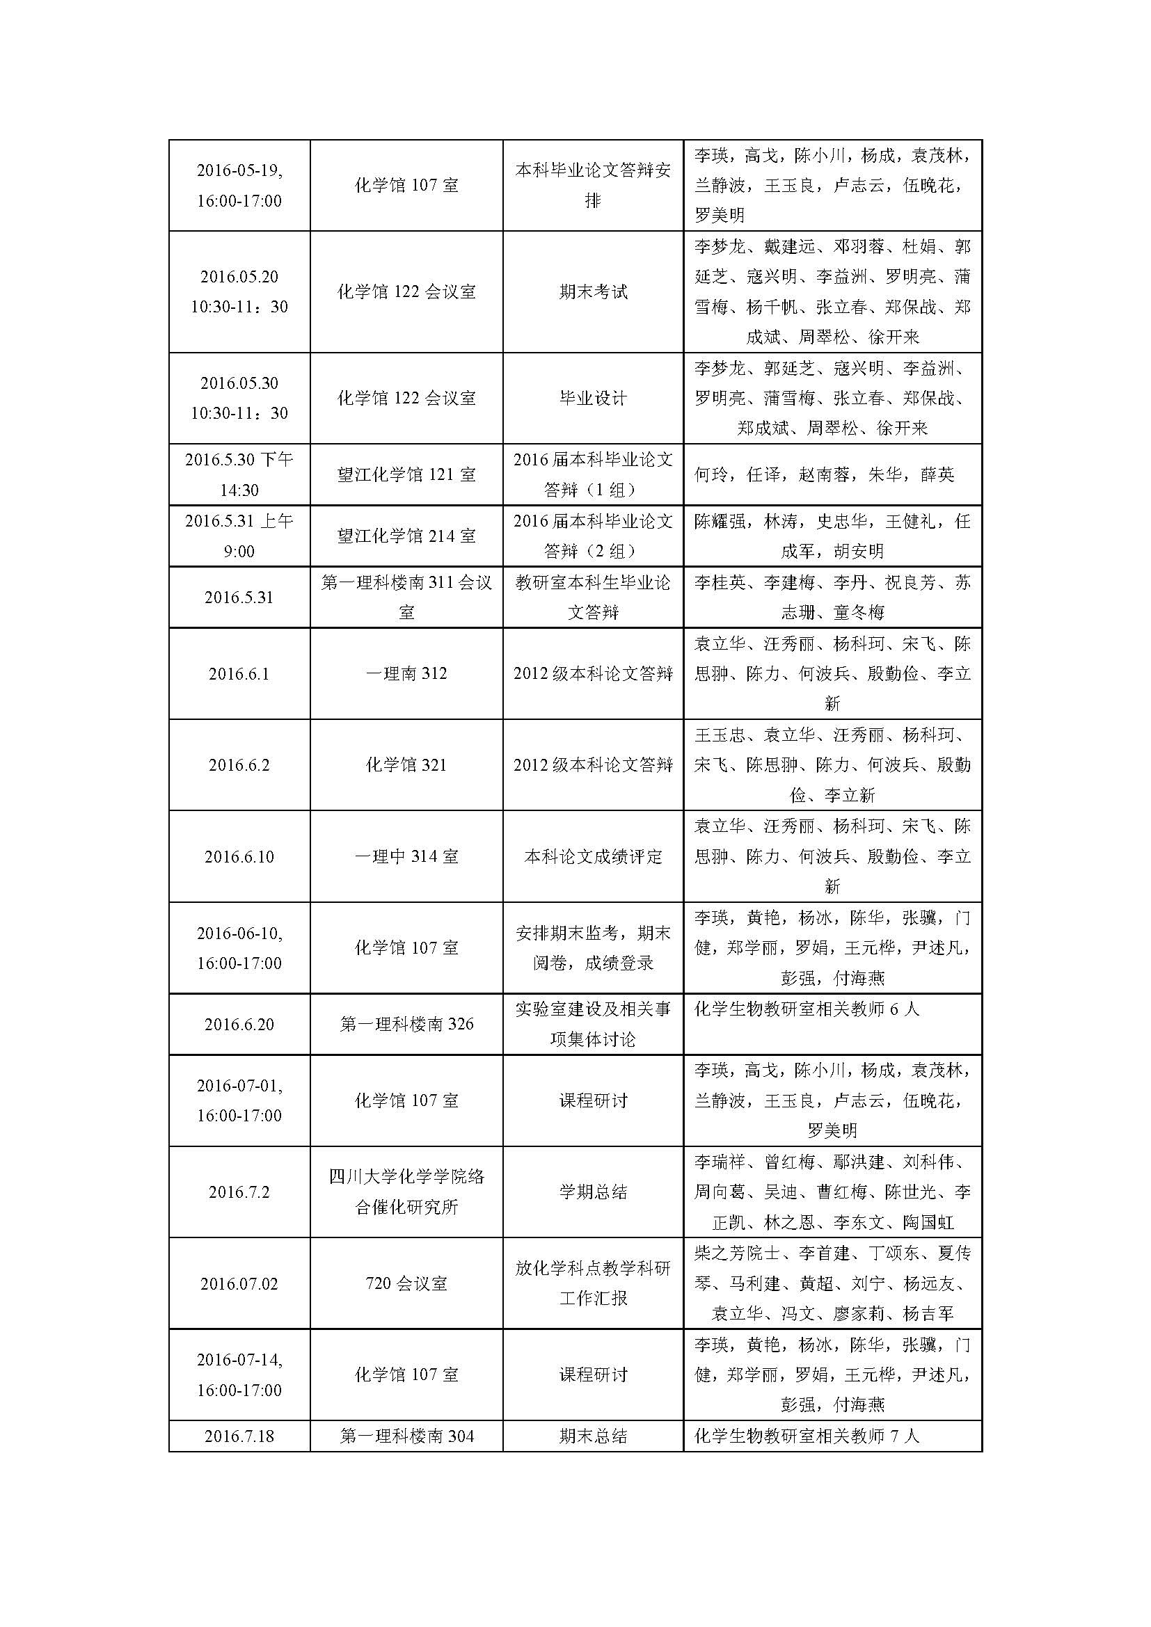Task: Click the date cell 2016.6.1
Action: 239,673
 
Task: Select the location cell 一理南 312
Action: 406,673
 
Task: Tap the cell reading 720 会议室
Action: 406,1283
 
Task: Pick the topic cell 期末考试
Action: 592,292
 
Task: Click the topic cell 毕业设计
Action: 592,399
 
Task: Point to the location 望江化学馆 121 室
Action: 406,475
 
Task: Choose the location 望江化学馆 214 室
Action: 406,536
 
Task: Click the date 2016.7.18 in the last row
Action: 239,1436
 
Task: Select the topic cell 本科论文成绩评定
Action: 592,857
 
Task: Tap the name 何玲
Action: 711,475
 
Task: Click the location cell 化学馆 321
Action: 406,765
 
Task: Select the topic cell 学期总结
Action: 592,1192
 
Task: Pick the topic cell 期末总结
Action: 592,1436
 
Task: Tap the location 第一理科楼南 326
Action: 406,1024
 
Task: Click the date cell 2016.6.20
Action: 239,1024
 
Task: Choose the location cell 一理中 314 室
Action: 406,857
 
